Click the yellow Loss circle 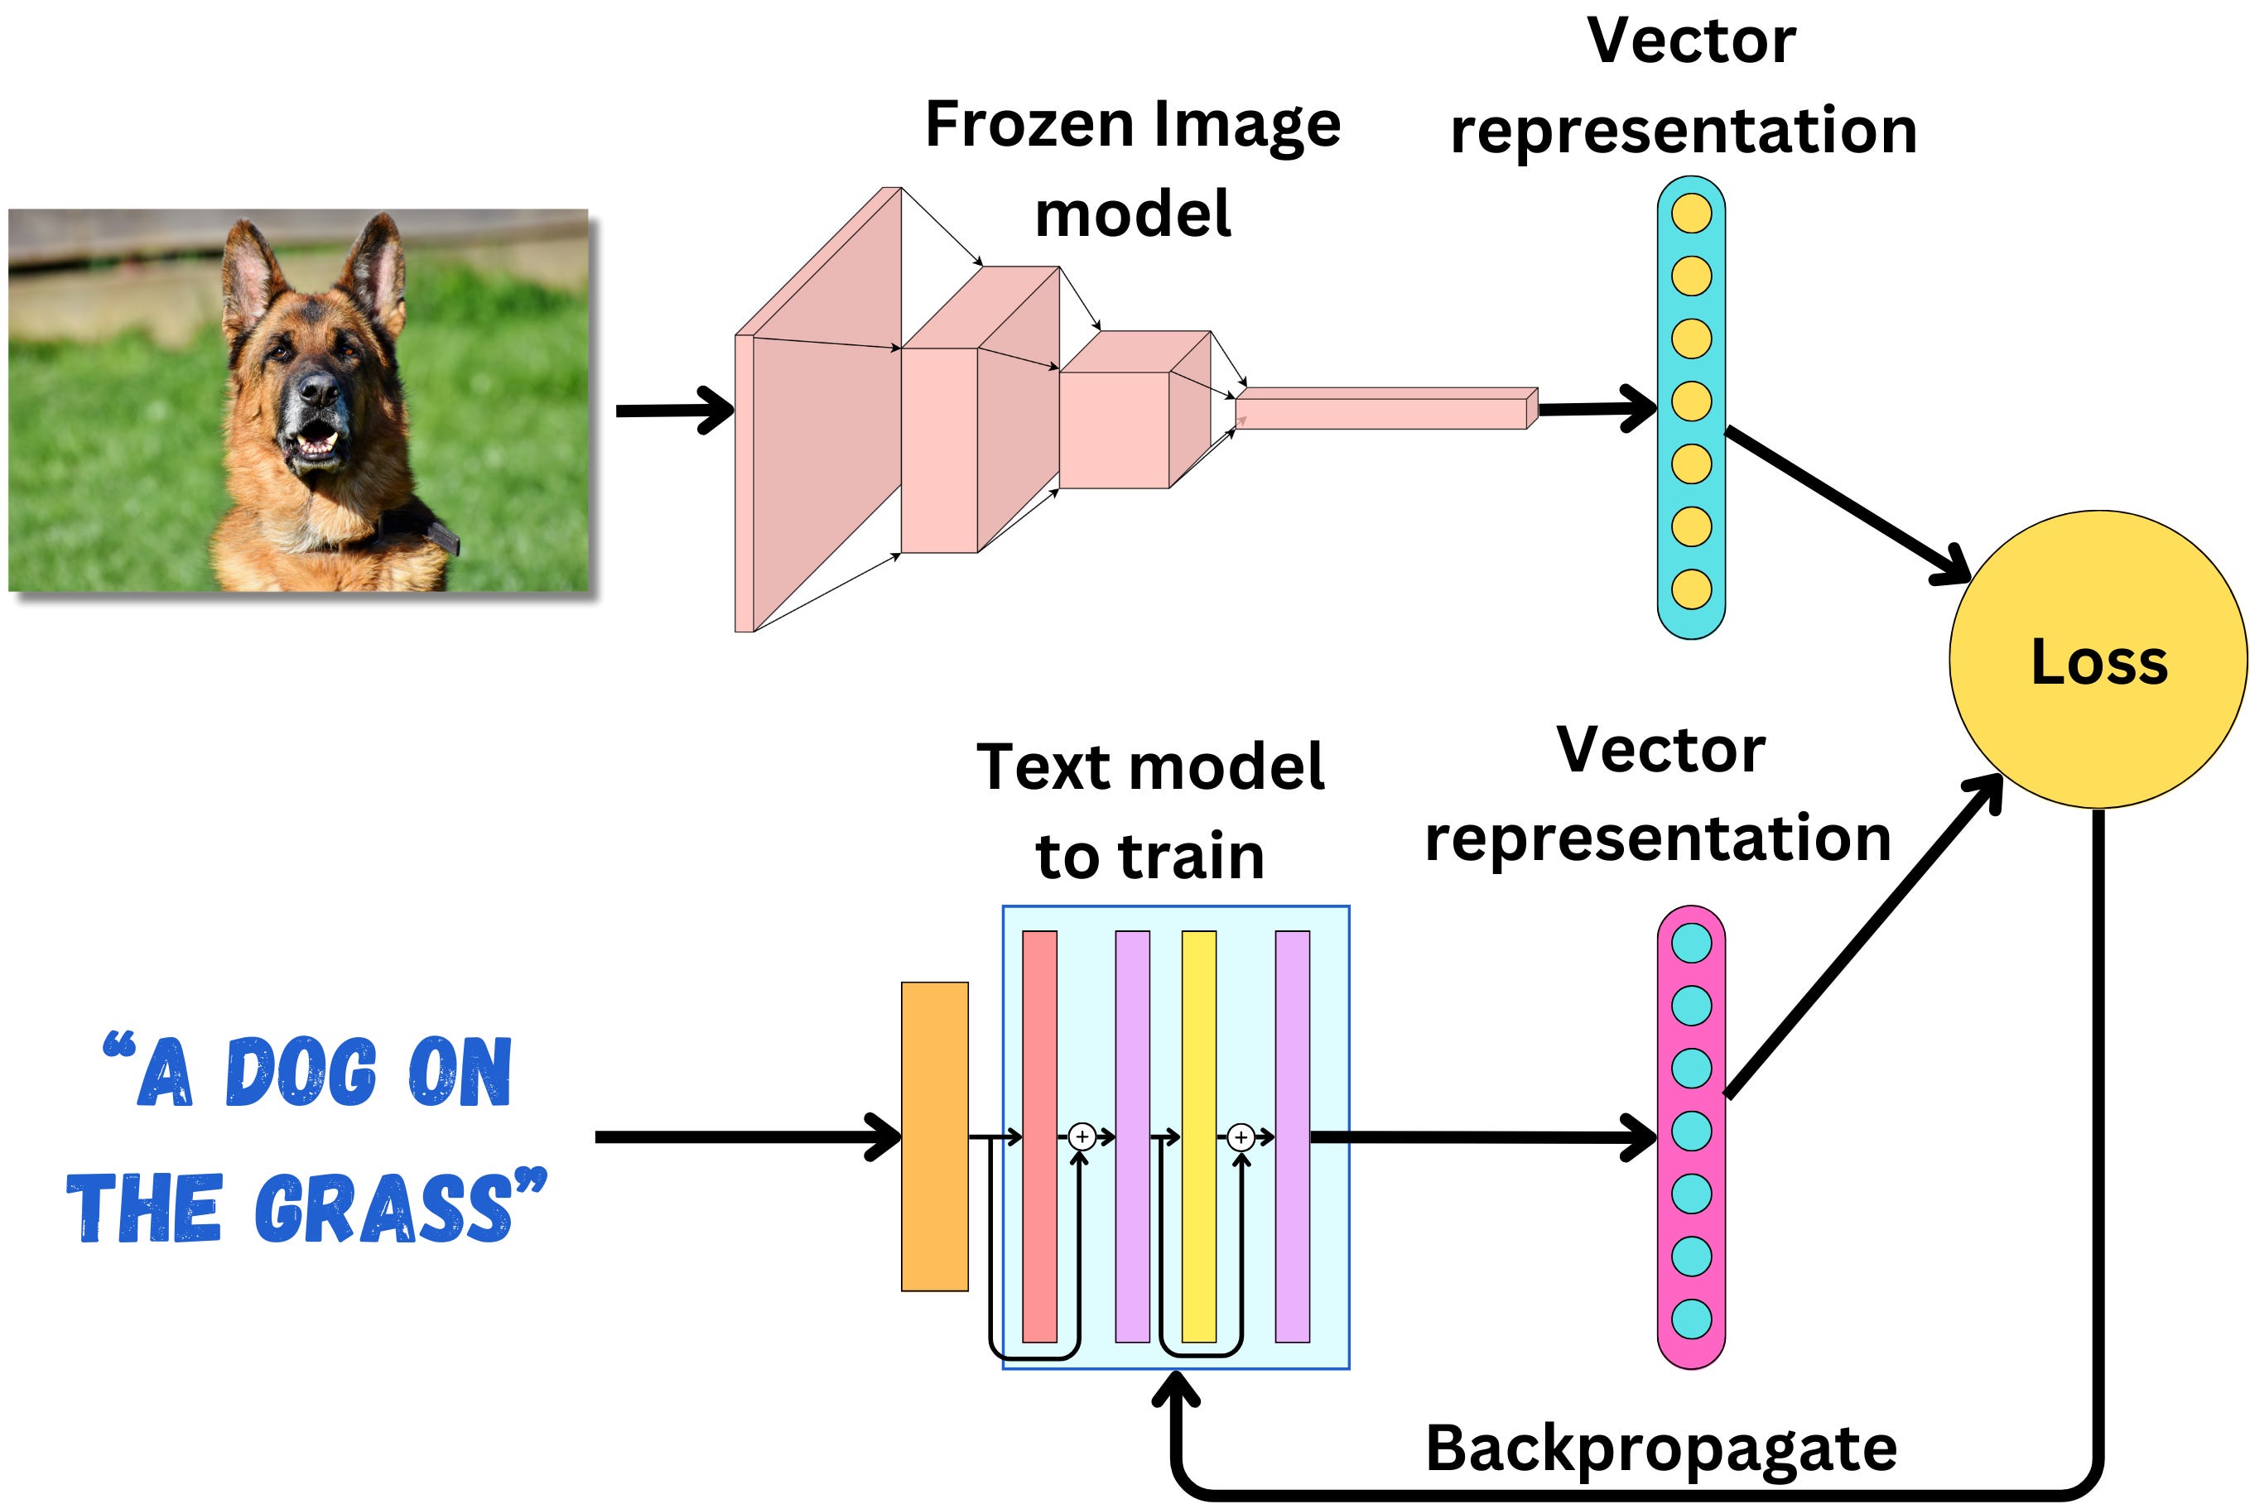(2098, 660)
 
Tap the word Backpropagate (1660, 1449)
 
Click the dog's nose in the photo (318, 388)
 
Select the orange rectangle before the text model (935, 1136)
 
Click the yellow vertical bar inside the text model (1198, 1136)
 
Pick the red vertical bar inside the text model (1039, 1136)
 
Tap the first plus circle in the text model (1082, 1136)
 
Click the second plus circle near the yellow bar (1241, 1136)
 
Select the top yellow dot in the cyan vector (1691, 213)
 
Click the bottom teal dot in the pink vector (1691, 1319)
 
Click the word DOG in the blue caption (301, 1073)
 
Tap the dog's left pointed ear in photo (248, 268)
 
